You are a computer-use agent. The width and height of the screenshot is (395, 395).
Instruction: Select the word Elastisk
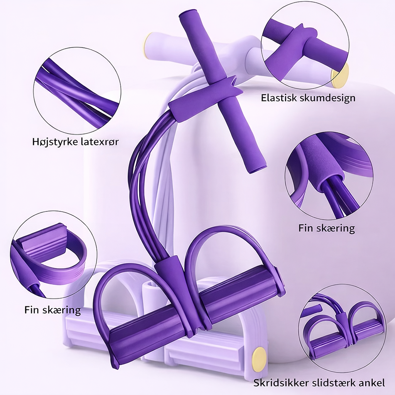pos(279,98)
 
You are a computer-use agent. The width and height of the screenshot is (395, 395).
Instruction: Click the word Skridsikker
pos(281,383)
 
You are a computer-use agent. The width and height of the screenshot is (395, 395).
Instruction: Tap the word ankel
pos(372,383)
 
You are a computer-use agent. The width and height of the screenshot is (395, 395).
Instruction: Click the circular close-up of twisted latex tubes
pos(77,90)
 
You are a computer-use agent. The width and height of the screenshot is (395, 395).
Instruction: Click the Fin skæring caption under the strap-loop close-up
pos(52,310)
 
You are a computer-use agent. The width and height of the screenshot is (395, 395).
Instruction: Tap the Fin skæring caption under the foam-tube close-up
pos(327,228)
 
